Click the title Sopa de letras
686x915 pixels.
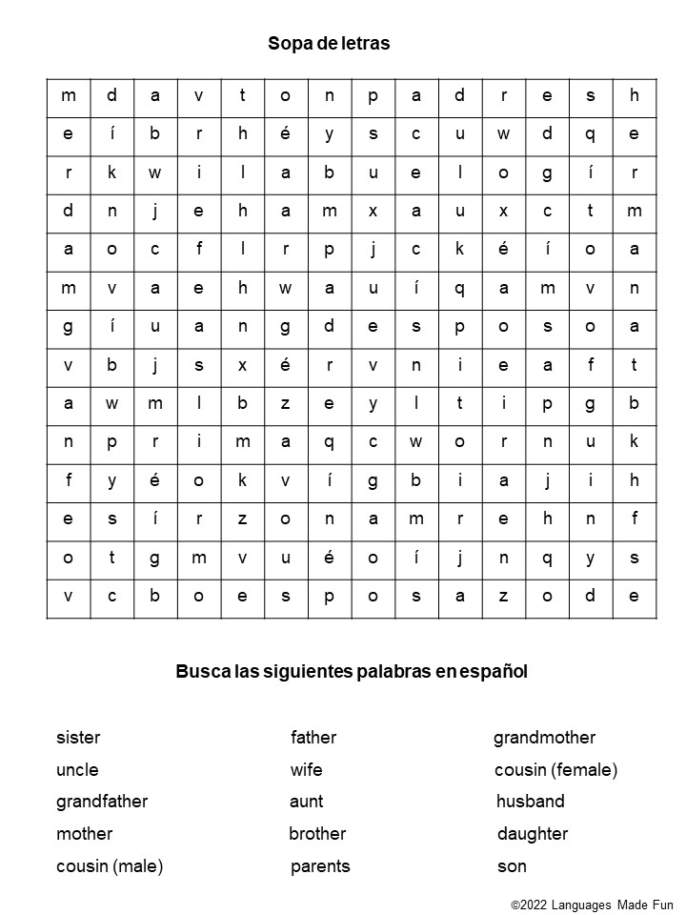(329, 44)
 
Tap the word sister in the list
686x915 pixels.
(78, 738)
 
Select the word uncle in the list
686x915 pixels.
(77, 770)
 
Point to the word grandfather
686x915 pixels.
(102, 802)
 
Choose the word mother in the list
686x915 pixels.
(84, 834)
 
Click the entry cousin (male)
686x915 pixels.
(110, 866)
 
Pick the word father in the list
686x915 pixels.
(313, 738)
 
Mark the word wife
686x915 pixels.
(306, 770)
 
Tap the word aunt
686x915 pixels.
(306, 802)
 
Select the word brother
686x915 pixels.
(317, 834)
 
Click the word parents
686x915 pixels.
(320, 866)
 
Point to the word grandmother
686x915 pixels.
(544, 738)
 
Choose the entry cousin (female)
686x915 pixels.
(555, 770)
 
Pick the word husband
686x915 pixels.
(530, 802)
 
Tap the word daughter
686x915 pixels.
(532, 834)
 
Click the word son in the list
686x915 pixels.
(512, 866)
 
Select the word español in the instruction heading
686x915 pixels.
(494, 672)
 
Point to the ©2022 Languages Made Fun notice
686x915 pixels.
(592, 904)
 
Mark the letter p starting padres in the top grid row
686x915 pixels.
(373, 95)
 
